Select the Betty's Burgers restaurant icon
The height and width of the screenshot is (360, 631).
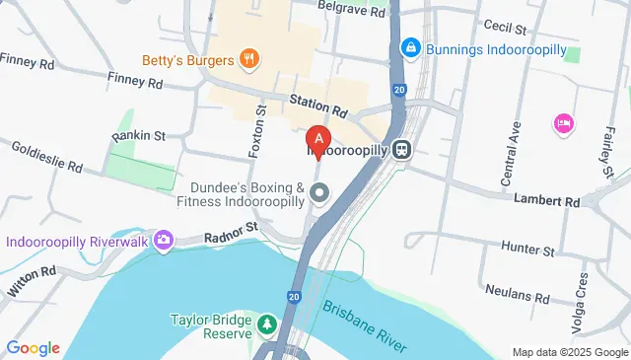tap(249, 59)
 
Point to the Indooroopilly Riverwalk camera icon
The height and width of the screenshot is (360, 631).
tap(163, 239)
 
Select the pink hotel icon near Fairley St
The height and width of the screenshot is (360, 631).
tap(565, 123)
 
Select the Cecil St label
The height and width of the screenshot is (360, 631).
tap(503, 27)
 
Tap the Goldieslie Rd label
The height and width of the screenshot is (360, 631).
tap(47, 155)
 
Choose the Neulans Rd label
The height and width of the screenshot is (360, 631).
tap(517, 293)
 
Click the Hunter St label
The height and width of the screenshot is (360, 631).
tap(523, 246)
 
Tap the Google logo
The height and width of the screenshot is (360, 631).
tap(33, 347)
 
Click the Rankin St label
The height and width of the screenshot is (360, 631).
tap(138, 135)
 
